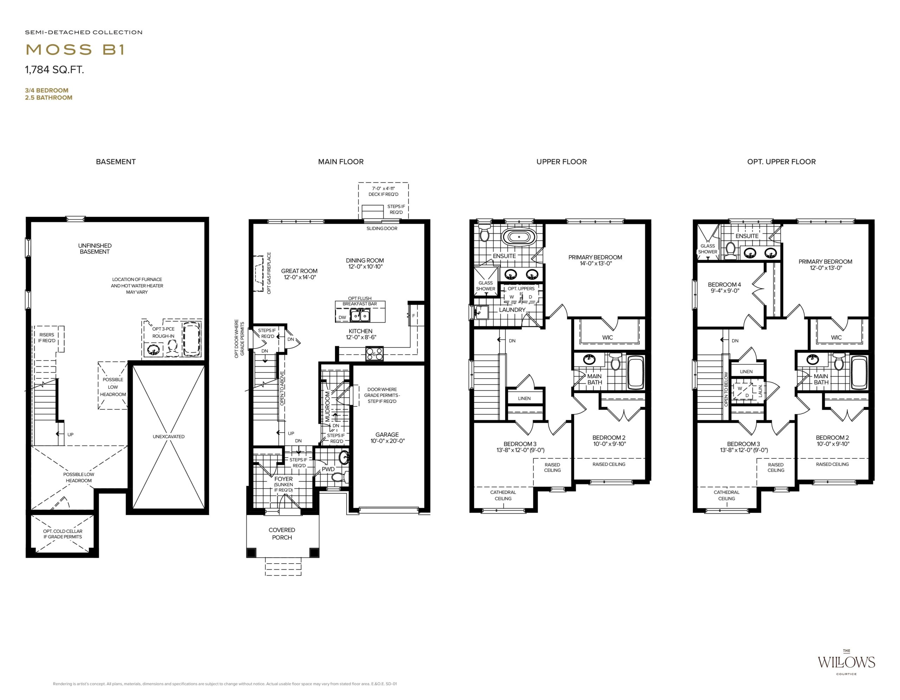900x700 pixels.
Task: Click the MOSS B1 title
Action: click(75, 50)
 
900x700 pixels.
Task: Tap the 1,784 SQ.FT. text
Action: click(54, 70)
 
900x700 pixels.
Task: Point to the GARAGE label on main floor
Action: click(387, 435)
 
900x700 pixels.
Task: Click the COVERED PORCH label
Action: click(282, 534)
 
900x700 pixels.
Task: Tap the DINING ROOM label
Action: click(365, 261)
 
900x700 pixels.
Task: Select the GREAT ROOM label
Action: click(299, 271)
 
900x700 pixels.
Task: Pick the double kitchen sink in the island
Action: click(360, 316)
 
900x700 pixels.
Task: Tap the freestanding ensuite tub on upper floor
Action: click(517, 237)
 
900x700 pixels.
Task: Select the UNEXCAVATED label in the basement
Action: click(168, 437)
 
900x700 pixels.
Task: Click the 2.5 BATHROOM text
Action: click(49, 98)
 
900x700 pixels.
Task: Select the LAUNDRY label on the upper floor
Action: click(512, 310)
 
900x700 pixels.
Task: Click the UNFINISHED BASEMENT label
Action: click(95, 249)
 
